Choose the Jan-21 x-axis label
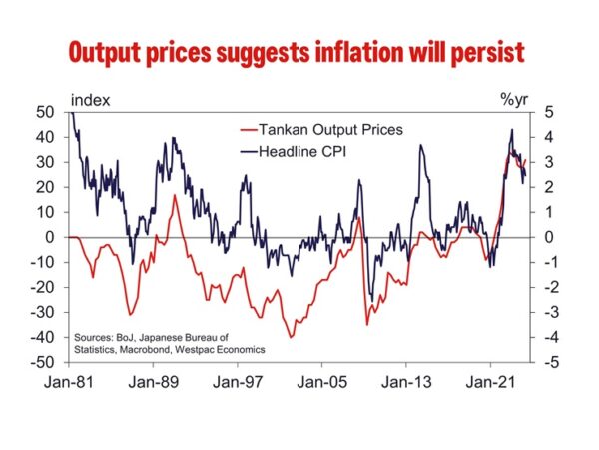[490, 381]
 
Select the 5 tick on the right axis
[535, 112]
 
